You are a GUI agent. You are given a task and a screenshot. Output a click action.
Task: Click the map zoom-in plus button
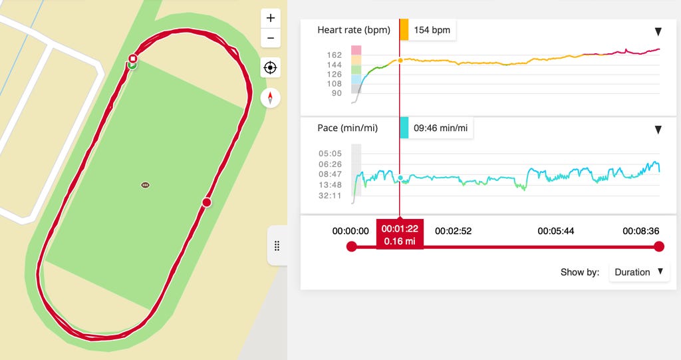tap(270, 18)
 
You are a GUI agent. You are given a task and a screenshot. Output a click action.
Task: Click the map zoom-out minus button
tap(270, 38)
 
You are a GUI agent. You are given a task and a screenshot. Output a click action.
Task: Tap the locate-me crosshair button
tap(270, 67)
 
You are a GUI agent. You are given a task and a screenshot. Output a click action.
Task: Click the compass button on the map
tap(270, 98)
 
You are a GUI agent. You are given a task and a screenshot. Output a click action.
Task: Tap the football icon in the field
tap(146, 185)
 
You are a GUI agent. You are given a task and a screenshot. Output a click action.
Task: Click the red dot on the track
tap(206, 202)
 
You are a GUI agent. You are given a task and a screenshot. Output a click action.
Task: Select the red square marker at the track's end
tap(133, 58)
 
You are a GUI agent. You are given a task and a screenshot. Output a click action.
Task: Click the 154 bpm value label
tap(432, 31)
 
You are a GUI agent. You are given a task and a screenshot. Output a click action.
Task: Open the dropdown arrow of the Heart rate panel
tap(658, 31)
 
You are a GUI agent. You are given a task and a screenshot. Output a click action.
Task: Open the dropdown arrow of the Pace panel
tap(658, 129)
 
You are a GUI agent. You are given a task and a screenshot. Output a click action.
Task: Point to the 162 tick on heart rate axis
tap(335, 55)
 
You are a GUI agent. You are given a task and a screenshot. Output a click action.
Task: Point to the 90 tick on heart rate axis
tap(337, 93)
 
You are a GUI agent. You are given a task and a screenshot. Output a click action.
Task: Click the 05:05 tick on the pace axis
tap(331, 153)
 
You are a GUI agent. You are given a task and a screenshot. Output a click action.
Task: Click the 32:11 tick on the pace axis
tap(331, 196)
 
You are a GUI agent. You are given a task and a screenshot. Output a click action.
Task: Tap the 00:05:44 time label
tap(557, 231)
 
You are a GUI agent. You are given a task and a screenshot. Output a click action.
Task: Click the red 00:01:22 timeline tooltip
tap(399, 234)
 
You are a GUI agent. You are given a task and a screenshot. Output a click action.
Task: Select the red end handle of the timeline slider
tap(659, 247)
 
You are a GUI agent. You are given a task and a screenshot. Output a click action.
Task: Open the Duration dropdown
tap(639, 272)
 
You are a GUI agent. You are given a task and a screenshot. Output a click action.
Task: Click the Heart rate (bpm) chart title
tap(353, 30)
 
